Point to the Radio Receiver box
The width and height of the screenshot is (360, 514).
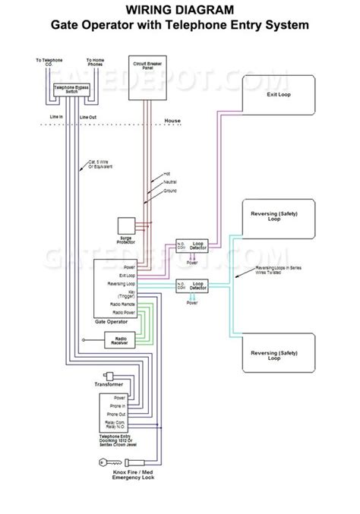click(x=120, y=341)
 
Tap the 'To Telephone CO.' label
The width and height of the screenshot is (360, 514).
click(x=49, y=61)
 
